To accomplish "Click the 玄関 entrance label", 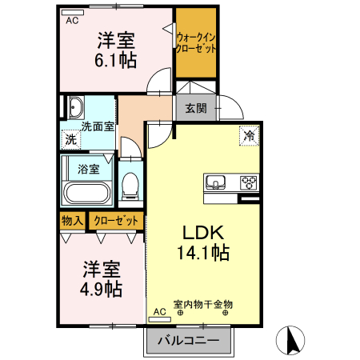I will [x=196, y=108].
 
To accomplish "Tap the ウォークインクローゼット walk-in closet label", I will [x=196, y=42].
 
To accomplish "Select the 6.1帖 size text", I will [x=117, y=59].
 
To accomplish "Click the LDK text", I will [x=208, y=233].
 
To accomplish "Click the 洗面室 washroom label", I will [x=98, y=126].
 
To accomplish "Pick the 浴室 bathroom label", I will [x=89, y=169].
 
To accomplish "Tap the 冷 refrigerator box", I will [x=249, y=136].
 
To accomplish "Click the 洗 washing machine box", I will [x=71, y=139].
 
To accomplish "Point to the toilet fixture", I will [x=129, y=186].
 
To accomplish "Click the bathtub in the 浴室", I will [x=86, y=192].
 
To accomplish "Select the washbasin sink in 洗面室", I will [x=76, y=110].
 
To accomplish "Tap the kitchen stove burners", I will [x=249, y=182].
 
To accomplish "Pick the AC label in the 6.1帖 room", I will [x=72, y=21].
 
